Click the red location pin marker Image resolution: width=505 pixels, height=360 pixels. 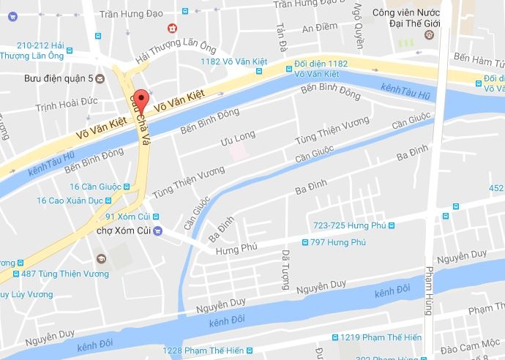click(x=144, y=100)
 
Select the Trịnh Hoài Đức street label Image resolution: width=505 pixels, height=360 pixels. click(x=67, y=107)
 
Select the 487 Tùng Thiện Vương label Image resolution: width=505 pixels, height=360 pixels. click(x=64, y=274)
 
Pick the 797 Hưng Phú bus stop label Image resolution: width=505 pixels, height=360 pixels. click(x=337, y=242)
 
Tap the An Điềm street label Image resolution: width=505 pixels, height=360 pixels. click(x=320, y=28)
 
